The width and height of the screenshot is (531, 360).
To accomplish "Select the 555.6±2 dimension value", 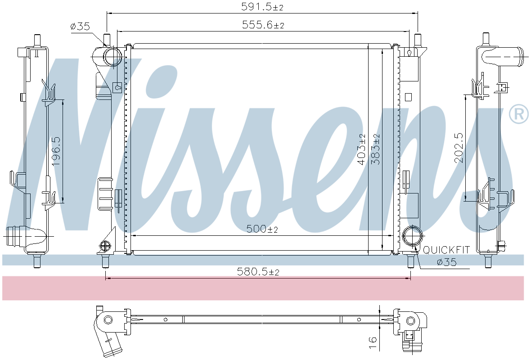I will pyautogui.click(x=263, y=25).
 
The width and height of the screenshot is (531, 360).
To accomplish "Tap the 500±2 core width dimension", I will pyautogui.click(x=262, y=229).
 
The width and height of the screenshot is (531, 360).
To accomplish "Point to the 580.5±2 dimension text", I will pyautogui.click(x=258, y=272).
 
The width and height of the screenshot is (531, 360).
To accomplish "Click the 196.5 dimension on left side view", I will pyautogui.click(x=56, y=151).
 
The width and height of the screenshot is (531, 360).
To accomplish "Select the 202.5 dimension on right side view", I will pyautogui.click(x=459, y=147).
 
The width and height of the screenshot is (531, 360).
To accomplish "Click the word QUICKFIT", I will pyautogui.click(x=446, y=250).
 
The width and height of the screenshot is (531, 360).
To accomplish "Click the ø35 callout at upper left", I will pyautogui.click(x=80, y=27).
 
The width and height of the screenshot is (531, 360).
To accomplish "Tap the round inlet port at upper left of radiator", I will pyautogui.click(x=112, y=57).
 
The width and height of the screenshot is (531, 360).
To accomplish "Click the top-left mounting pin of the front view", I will pyautogui.click(x=107, y=39).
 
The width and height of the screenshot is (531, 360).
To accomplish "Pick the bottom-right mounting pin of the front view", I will pyautogui.click(x=410, y=261).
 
